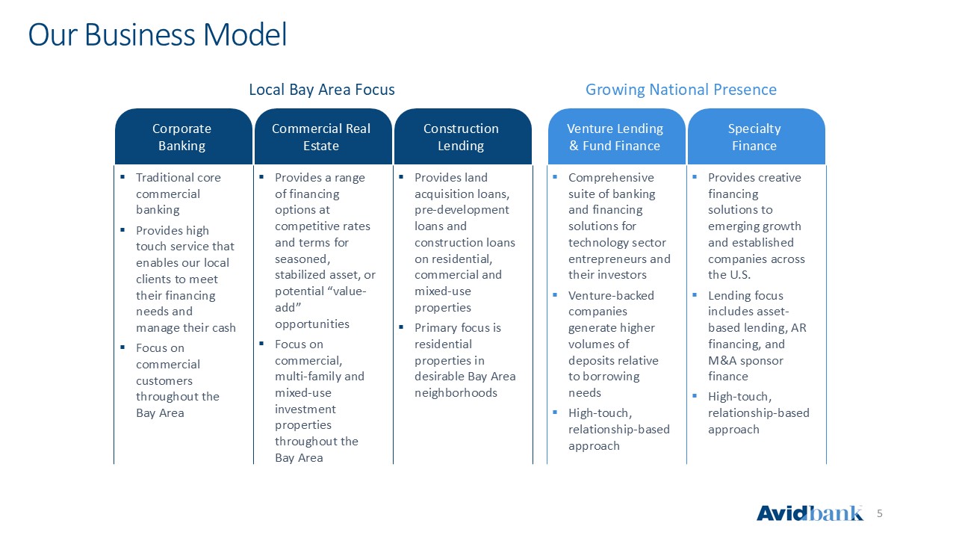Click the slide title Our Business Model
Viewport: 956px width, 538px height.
click(158, 35)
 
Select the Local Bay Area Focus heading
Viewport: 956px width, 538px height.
click(322, 90)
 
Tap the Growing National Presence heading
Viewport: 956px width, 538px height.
click(680, 90)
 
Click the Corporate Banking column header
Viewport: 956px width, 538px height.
click(183, 137)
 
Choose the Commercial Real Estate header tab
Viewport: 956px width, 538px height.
click(323, 137)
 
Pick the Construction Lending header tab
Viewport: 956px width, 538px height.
click(463, 137)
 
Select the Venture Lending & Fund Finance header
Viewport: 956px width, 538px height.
click(617, 137)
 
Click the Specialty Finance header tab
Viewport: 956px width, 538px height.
click(757, 137)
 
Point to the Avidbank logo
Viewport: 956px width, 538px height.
click(810, 513)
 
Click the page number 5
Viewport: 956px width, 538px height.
click(880, 513)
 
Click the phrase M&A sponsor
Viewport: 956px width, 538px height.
click(745, 361)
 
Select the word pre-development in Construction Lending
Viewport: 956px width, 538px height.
click(462, 210)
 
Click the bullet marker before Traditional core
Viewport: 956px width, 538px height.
click(122, 176)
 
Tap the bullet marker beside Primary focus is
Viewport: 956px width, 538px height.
click(401, 327)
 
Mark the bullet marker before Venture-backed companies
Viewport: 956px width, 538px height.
click(555, 294)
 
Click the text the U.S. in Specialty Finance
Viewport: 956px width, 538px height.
click(729, 275)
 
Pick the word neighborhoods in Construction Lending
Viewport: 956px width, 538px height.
click(456, 393)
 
